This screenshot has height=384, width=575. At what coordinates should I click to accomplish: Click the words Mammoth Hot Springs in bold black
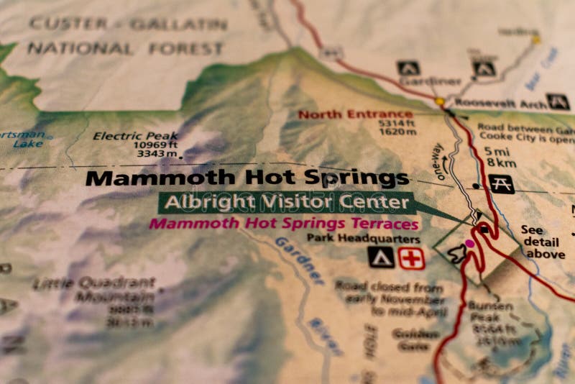(247, 177)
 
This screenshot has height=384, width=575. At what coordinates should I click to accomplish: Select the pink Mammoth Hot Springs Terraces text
(283, 223)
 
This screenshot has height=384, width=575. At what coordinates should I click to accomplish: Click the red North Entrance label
(355, 114)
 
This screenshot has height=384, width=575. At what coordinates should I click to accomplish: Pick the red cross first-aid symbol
(411, 257)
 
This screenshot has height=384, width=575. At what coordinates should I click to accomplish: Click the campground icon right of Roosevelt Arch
(558, 101)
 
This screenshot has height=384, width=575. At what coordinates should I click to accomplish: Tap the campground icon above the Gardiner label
(408, 68)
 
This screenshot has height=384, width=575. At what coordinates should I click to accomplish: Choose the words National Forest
(125, 49)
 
